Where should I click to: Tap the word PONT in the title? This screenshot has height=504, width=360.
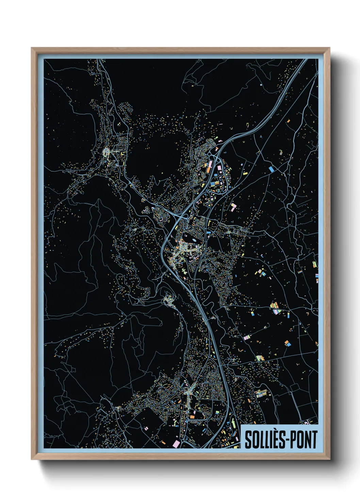tap(304, 440)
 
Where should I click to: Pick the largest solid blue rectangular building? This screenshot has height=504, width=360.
tap(271, 169)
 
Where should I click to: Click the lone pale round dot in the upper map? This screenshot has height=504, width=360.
tap(261, 84)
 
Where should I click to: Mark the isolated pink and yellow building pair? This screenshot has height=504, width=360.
tap(233, 206)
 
